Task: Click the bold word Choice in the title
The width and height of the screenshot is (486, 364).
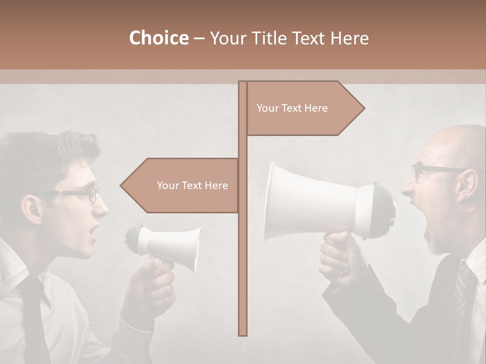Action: click(158, 38)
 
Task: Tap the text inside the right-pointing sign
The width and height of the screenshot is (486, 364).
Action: click(292, 108)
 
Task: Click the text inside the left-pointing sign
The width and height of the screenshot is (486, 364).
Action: click(192, 186)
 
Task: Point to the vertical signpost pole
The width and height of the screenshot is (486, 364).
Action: click(243, 253)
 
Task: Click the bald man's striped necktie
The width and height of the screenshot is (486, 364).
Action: click(463, 293)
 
